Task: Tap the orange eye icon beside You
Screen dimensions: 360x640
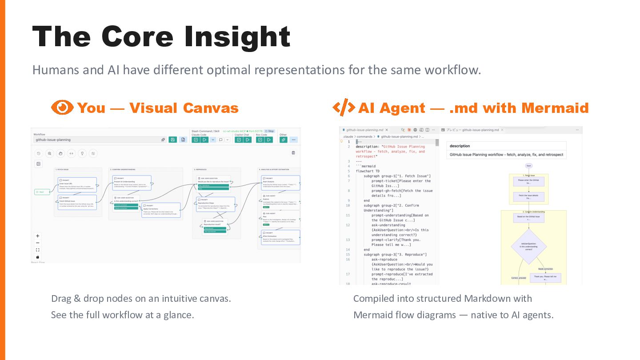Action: pyautogui.click(x=62, y=108)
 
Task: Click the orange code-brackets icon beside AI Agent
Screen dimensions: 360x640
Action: pyautogui.click(x=344, y=108)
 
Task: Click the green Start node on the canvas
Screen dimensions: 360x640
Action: pyautogui.click(x=42, y=192)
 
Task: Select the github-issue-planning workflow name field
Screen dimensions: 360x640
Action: pyautogui.click(x=98, y=140)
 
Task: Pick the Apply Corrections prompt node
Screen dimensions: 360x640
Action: pyautogui.click(x=161, y=210)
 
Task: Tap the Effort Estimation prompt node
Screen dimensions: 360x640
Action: pyautogui.click(x=280, y=237)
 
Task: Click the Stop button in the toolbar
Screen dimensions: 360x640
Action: pyautogui.click(x=269, y=131)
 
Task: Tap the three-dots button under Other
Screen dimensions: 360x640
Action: pyautogui.click(x=294, y=140)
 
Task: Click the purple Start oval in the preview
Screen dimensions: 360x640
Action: pyautogui.click(x=528, y=166)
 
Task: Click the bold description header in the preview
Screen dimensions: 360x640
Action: pyautogui.click(x=460, y=146)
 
